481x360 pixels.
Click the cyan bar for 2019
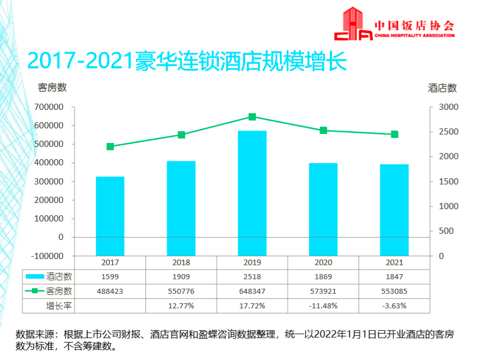coord(252,193)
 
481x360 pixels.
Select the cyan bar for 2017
coord(110,216)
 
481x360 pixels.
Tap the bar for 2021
coord(394,210)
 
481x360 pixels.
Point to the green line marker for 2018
coord(181,135)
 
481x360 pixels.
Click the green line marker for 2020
coord(323,131)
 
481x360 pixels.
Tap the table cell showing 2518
coord(252,276)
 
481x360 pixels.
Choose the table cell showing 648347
coord(252,291)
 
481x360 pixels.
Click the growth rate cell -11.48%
coord(323,306)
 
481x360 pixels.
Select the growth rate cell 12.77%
coord(181,306)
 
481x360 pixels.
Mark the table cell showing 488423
coord(110,291)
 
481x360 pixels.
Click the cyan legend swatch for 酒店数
coord(35,276)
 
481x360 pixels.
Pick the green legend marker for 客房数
coord(35,291)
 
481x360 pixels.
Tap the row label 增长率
coord(59,306)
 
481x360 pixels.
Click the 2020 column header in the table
coord(323,262)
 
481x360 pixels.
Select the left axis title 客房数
coord(52,87)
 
